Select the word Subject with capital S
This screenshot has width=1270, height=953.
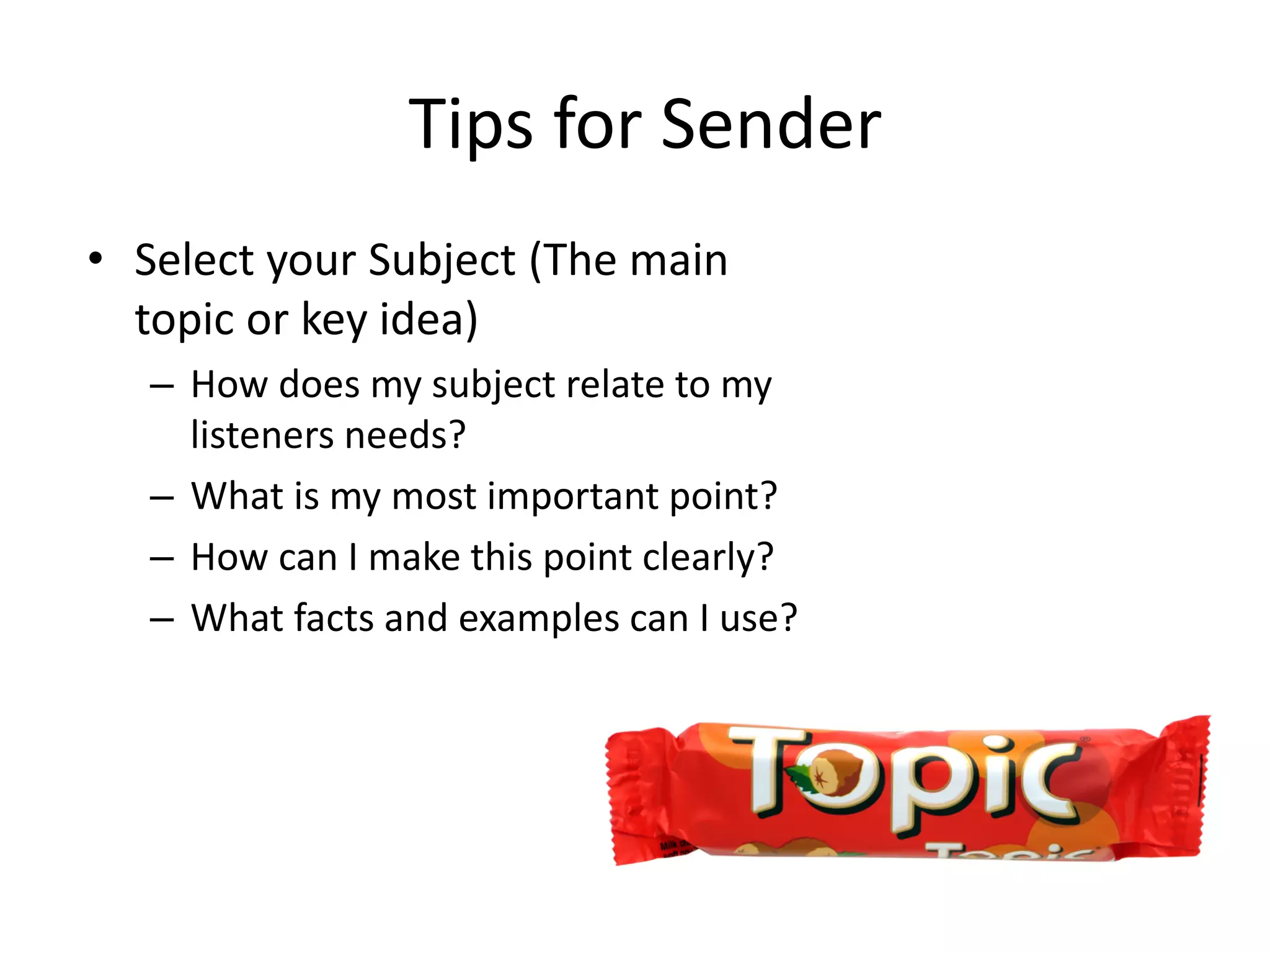[x=442, y=261]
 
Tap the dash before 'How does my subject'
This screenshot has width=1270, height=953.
[x=161, y=386]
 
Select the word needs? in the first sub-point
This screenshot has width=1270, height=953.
[x=405, y=435]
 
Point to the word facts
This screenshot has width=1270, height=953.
[x=333, y=618]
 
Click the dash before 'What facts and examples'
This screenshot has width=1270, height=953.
[x=161, y=619]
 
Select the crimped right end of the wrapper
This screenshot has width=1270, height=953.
[x=1181, y=788]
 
